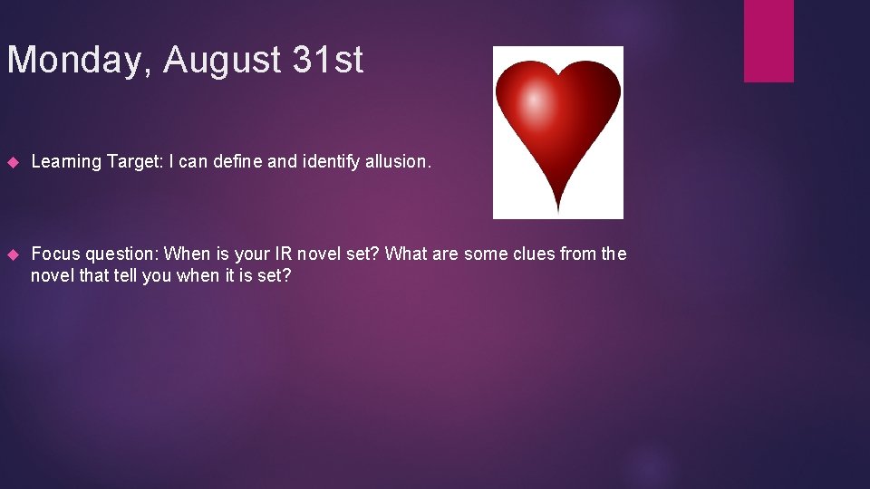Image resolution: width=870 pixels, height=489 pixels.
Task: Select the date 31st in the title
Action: pyautogui.click(x=327, y=61)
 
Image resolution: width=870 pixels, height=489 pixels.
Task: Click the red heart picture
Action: pyautogui.click(x=557, y=127)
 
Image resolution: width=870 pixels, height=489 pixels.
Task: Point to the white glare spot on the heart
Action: pyautogui.click(x=536, y=102)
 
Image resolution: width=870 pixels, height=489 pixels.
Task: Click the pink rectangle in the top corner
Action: pyautogui.click(x=768, y=40)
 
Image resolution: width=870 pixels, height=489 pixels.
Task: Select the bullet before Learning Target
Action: pyautogui.click(x=13, y=162)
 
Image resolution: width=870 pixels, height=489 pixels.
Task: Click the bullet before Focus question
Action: pyautogui.click(x=13, y=254)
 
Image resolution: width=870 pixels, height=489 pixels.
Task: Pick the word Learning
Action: pyautogui.click(x=66, y=162)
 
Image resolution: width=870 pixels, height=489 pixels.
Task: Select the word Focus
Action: pyautogui.click(x=55, y=254)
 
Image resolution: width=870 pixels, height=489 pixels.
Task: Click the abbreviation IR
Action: pyautogui.click(x=284, y=254)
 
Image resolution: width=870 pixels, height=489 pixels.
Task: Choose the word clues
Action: pyautogui.click(x=529, y=254)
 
